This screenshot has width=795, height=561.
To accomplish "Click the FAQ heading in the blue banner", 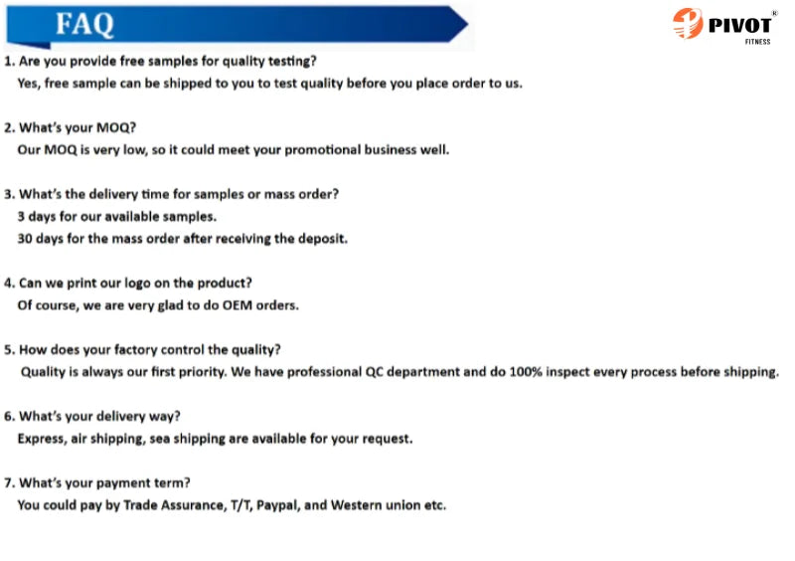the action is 84,24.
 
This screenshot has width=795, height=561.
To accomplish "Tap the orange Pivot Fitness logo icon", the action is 688,23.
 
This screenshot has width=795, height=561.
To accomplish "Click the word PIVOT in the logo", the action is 739,25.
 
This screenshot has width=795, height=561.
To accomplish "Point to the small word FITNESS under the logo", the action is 757,42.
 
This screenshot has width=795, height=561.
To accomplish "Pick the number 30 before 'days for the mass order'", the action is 24,239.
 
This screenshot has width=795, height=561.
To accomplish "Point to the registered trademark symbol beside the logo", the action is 774,13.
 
